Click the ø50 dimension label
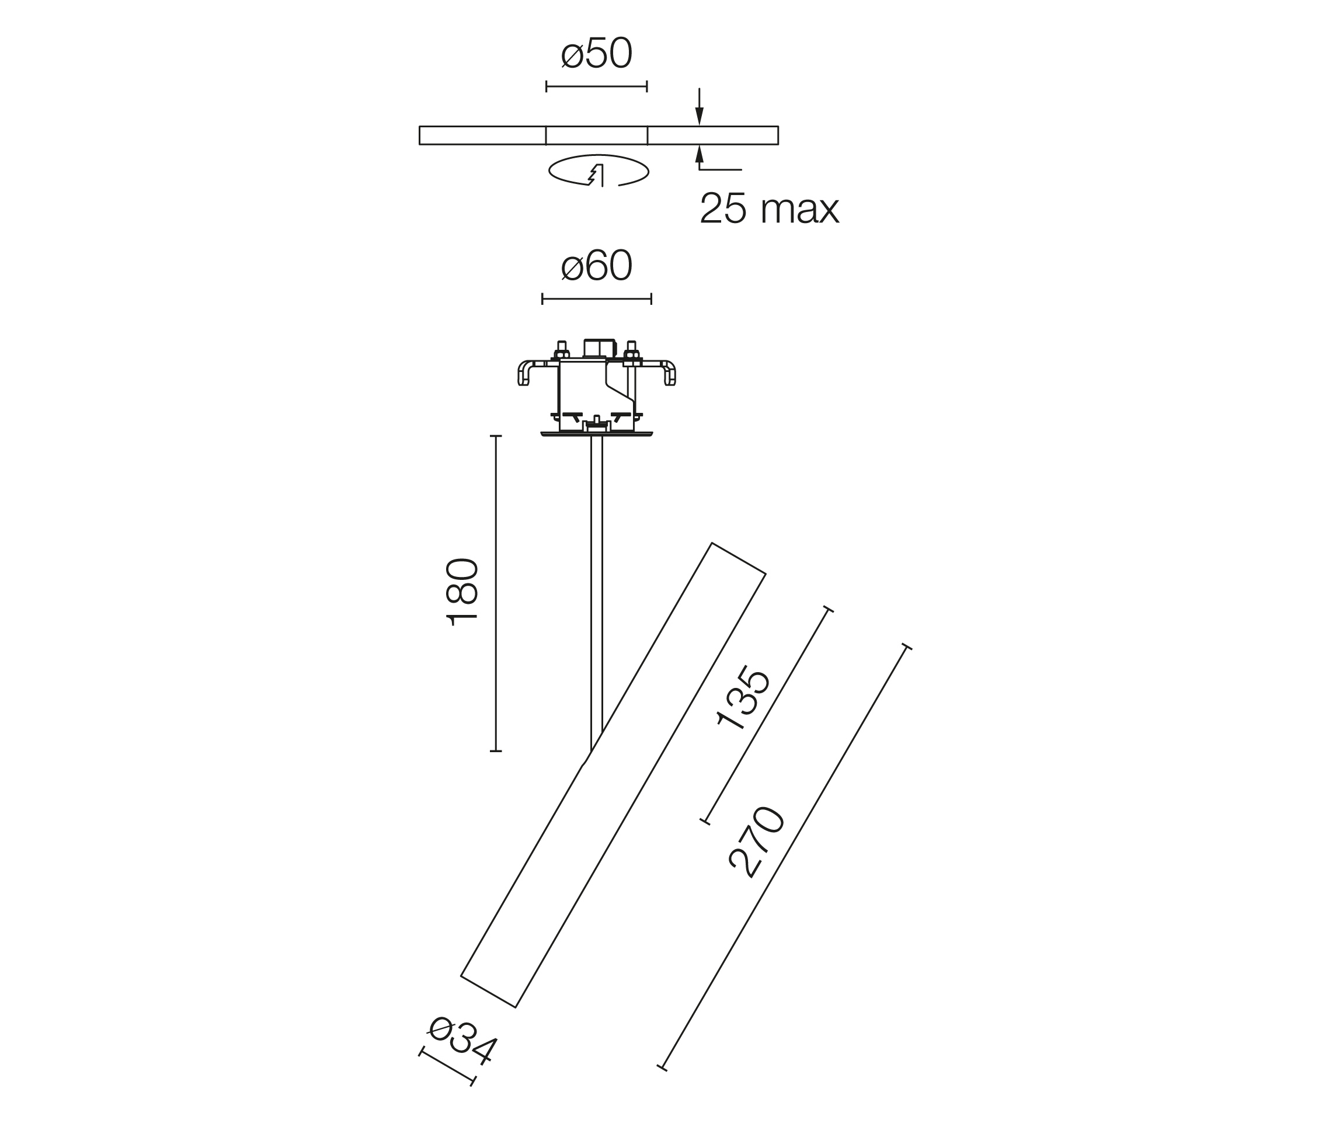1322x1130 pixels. click(597, 54)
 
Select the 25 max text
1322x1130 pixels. click(770, 208)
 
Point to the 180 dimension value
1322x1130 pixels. click(462, 592)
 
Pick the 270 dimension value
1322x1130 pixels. click(757, 842)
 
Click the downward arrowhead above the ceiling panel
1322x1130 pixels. click(700, 117)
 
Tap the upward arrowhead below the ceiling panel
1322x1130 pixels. click(700, 154)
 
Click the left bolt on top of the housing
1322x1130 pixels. click(562, 351)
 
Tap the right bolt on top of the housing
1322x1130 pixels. click(632, 351)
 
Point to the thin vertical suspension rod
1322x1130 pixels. click(597, 593)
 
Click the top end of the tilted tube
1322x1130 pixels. click(739, 558)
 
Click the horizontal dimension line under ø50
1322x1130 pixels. click(597, 86)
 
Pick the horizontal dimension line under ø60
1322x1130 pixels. click(597, 298)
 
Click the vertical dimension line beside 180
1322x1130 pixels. click(496, 593)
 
